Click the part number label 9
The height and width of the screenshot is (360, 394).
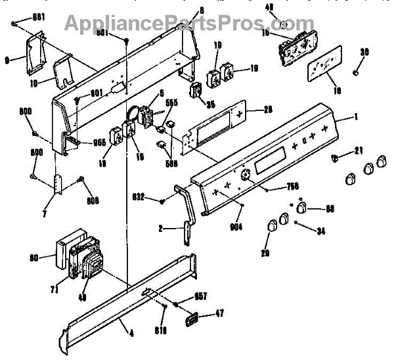click(7, 60)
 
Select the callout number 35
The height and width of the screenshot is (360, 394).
click(210, 103)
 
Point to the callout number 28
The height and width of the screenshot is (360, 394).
click(268, 109)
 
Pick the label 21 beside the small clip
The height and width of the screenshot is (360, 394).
click(358, 152)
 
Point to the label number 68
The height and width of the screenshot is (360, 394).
click(330, 209)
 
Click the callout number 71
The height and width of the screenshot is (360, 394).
click(55, 288)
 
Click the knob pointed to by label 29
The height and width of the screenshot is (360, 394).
click(271, 227)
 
